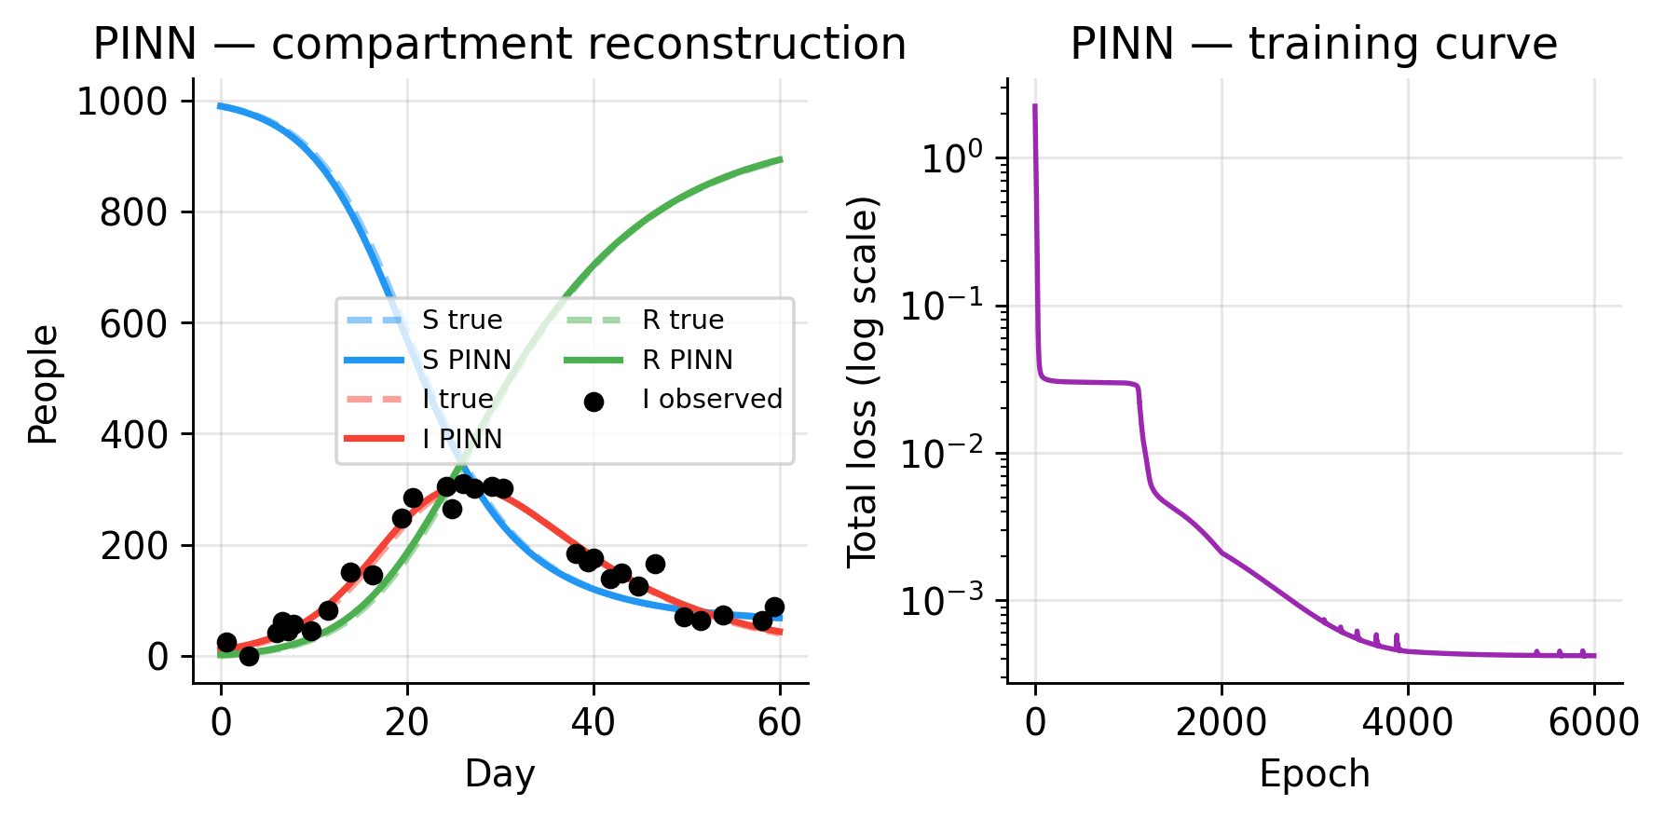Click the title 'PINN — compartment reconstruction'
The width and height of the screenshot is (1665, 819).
click(x=499, y=44)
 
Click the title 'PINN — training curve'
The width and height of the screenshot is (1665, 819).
click(x=1314, y=44)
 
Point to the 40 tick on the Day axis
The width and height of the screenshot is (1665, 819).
click(x=594, y=722)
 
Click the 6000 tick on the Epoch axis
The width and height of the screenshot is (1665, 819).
click(x=1593, y=722)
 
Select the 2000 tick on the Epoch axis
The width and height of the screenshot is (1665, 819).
click(x=1221, y=722)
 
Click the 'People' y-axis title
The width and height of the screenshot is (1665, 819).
click(x=43, y=384)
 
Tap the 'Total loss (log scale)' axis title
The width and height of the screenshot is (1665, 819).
click(x=863, y=381)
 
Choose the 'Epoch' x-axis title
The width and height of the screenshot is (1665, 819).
click(x=1314, y=774)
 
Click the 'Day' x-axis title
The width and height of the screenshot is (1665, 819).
click(x=499, y=774)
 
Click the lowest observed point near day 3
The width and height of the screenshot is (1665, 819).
click(x=249, y=656)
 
